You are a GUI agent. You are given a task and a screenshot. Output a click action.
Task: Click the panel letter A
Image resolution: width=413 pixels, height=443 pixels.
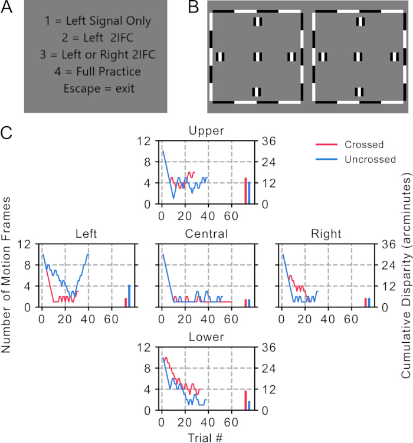coord(6,6)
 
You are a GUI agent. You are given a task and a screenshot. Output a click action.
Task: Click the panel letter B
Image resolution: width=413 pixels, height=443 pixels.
coord(194,6)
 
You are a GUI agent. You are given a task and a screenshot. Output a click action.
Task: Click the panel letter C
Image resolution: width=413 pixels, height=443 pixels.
coord(6,133)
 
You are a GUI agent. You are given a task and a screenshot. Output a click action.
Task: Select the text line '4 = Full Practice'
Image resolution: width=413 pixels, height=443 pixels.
coord(98,71)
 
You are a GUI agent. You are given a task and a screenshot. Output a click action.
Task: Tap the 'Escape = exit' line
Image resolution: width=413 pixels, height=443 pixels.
coord(99,88)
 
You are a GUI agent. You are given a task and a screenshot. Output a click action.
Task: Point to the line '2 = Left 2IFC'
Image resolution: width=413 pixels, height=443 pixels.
coord(98,38)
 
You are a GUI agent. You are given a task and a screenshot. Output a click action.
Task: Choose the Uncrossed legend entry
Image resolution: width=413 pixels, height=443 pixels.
coord(356,159)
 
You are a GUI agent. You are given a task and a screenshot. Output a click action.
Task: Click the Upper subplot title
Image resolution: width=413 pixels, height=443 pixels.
coord(206,131)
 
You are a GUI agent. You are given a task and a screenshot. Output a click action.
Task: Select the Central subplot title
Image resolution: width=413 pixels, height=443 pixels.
coord(206,234)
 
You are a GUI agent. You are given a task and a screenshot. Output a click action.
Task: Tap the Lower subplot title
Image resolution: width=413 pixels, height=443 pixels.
coord(206,337)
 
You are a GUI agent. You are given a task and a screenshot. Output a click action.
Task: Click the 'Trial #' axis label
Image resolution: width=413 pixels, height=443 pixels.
coord(205,438)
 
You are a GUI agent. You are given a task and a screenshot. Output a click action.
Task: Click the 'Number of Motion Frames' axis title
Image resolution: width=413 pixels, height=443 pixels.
coord(6,275)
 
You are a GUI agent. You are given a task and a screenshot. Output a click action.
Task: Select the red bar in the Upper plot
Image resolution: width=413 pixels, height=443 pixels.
coord(246,191)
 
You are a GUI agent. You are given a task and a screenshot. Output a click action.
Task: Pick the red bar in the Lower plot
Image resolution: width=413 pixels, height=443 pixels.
coord(246,401)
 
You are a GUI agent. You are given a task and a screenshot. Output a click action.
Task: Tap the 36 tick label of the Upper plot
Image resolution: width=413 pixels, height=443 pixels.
coord(268,141)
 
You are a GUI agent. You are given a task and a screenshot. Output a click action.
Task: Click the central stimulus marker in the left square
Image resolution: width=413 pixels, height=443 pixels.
coord(258,57)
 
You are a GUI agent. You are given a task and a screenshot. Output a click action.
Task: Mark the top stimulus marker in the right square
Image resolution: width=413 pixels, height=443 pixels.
coord(360,21)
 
